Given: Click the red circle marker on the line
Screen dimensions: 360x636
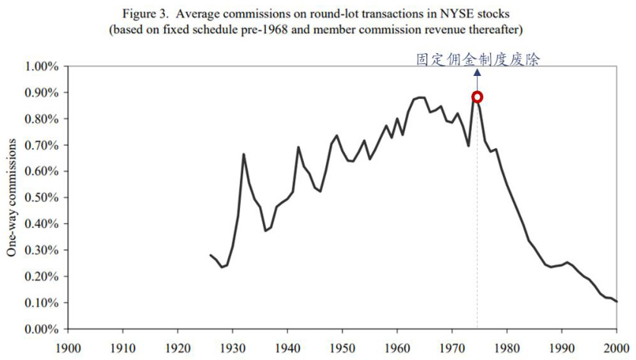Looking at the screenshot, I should (477, 97).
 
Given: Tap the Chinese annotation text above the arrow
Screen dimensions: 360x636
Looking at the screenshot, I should (477, 60).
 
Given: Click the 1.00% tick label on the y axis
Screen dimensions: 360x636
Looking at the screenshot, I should (37, 67).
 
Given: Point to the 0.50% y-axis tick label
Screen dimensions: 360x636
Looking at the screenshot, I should (37, 197).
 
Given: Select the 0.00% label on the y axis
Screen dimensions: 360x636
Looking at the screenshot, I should (37, 329).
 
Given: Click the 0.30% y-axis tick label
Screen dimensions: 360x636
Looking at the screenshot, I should (37, 250).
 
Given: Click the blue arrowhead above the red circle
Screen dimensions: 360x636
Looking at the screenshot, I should (477, 73).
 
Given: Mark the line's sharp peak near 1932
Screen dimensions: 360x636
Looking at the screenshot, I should (243, 154).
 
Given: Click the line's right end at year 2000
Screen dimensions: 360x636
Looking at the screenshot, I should (616, 302).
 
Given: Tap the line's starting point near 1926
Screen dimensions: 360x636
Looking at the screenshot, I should (210, 255).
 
